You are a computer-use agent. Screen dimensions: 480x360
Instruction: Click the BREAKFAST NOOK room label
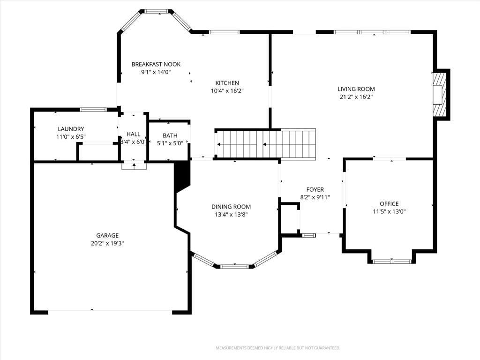[156, 64]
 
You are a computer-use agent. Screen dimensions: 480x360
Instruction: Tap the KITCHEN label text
[227, 83]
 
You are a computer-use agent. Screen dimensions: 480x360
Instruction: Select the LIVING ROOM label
[356, 89]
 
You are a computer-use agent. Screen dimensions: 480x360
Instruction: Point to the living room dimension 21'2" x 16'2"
[356, 97]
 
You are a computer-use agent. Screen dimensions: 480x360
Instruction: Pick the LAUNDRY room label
[71, 129]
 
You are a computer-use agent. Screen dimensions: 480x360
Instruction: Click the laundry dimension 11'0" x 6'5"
[71, 137]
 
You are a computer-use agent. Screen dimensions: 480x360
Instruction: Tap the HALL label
[133, 134]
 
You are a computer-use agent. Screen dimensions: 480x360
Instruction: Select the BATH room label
[170, 135]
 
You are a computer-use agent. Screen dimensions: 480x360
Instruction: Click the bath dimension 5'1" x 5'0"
[170, 143]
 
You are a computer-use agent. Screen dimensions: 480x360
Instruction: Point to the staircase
[266, 144]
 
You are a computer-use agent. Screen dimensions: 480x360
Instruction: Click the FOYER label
[315, 190]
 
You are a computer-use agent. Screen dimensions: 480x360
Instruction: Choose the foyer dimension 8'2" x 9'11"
[315, 197]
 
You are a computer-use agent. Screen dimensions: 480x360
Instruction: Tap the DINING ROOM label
[231, 207]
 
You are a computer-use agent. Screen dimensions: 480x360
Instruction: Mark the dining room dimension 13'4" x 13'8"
[231, 215]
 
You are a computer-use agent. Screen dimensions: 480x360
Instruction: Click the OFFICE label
[389, 204]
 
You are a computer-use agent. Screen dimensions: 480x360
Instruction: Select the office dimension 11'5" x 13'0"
[389, 211]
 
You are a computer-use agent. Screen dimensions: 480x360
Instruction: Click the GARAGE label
[107, 236]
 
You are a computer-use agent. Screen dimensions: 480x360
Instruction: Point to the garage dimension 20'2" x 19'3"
[107, 244]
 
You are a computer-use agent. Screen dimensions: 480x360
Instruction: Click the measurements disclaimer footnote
[278, 348]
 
